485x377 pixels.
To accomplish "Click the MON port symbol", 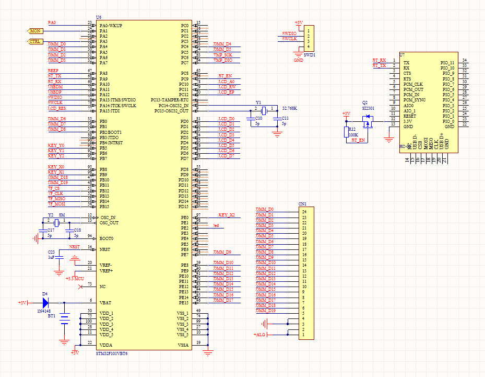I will pos(35,31).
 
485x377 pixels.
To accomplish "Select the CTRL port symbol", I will pos(35,41).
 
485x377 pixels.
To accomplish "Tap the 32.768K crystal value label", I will pos(290,108).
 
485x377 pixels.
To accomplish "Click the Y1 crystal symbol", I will pos(264,110).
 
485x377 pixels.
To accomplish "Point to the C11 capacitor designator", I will pos(285,119).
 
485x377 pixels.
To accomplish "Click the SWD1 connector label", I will pos(310,54).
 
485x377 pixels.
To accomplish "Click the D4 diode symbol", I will pos(45,303).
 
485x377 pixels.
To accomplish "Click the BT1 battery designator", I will pos(52,316).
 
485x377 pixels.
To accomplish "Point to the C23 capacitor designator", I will pos(51,252).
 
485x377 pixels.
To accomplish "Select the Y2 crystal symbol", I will pos(56,223).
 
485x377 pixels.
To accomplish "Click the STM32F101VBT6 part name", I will pos(112,353).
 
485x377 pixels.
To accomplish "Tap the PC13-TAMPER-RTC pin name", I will pos(170,100).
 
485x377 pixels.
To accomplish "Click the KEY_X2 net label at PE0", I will pos(227,215).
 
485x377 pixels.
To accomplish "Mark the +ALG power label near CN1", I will pos(259,334).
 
